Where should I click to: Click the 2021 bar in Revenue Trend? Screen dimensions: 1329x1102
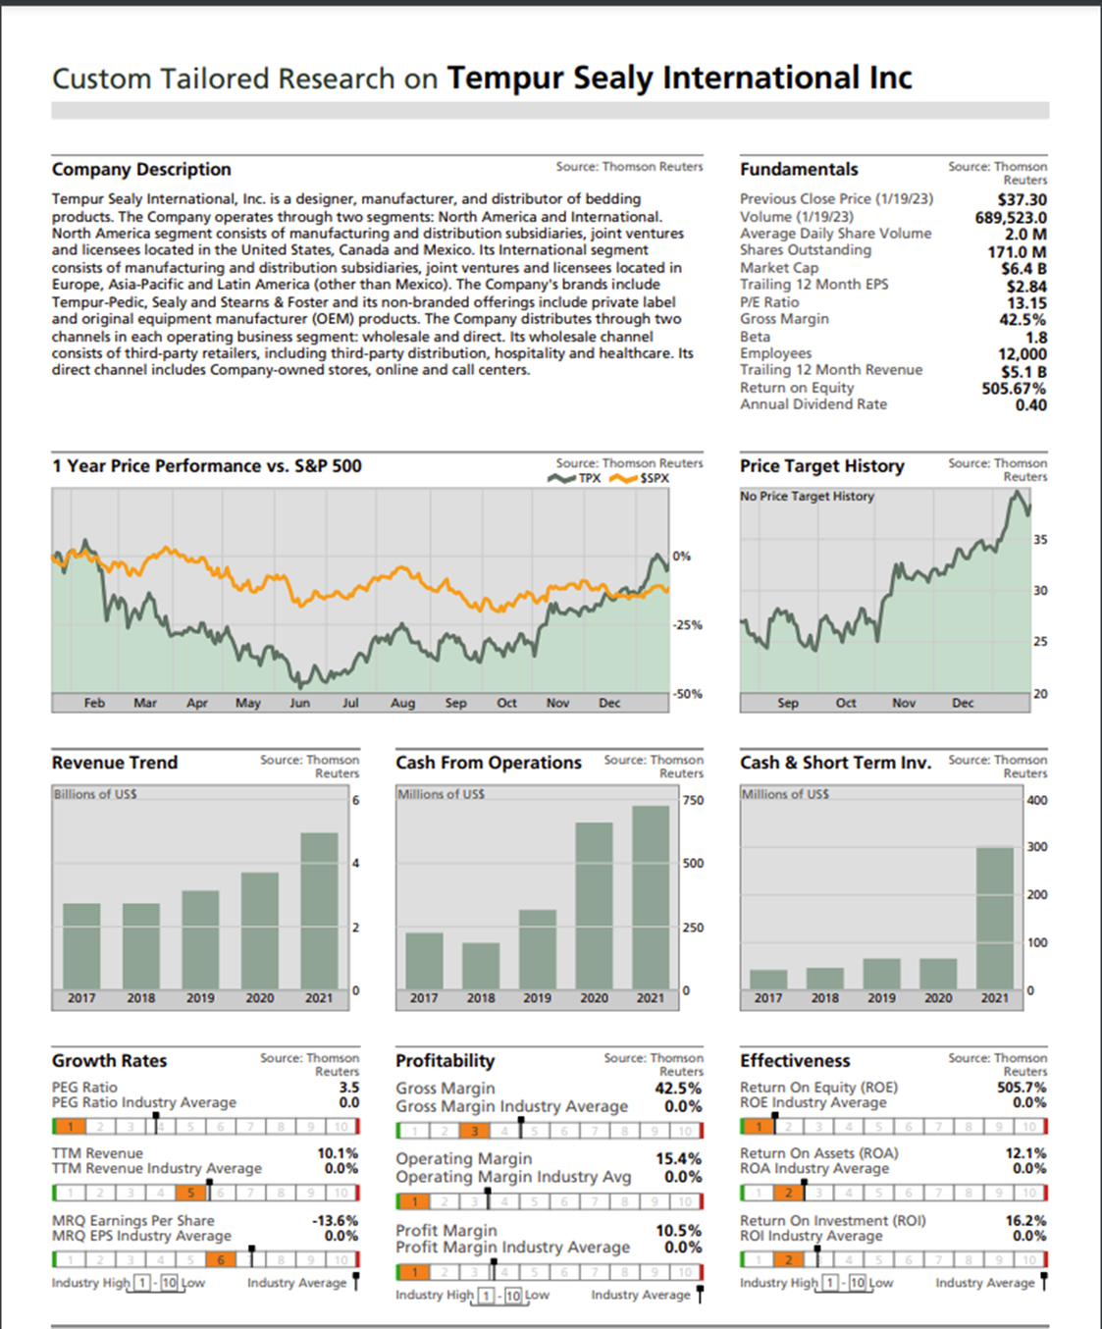(x=319, y=910)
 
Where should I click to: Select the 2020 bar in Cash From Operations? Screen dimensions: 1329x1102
(x=594, y=905)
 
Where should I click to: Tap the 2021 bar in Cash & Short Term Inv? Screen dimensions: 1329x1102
(x=995, y=918)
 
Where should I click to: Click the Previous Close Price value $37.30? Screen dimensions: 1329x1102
(x=1022, y=199)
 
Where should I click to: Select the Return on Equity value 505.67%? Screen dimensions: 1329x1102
(x=1014, y=389)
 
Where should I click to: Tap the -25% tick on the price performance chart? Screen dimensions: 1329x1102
(x=687, y=625)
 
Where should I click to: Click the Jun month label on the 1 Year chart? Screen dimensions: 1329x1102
(x=299, y=703)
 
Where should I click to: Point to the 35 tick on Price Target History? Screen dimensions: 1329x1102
(x=1040, y=540)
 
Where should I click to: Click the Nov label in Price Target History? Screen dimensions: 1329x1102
(x=904, y=703)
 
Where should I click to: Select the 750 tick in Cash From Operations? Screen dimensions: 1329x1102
(x=693, y=801)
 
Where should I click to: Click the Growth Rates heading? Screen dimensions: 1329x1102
(x=109, y=1061)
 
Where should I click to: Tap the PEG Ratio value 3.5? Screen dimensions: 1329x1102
(x=348, y=1088)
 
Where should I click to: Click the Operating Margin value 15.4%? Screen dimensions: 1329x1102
(x=678, y=1159)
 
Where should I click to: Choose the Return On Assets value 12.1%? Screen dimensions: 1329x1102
(x=1025, y=1153)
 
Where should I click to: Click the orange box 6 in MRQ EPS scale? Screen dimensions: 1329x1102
(x=221, y=1259)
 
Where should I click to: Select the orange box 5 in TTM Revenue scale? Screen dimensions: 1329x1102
(x=191, y=1193)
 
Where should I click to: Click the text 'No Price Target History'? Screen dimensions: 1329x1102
(x=807, y=497)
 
